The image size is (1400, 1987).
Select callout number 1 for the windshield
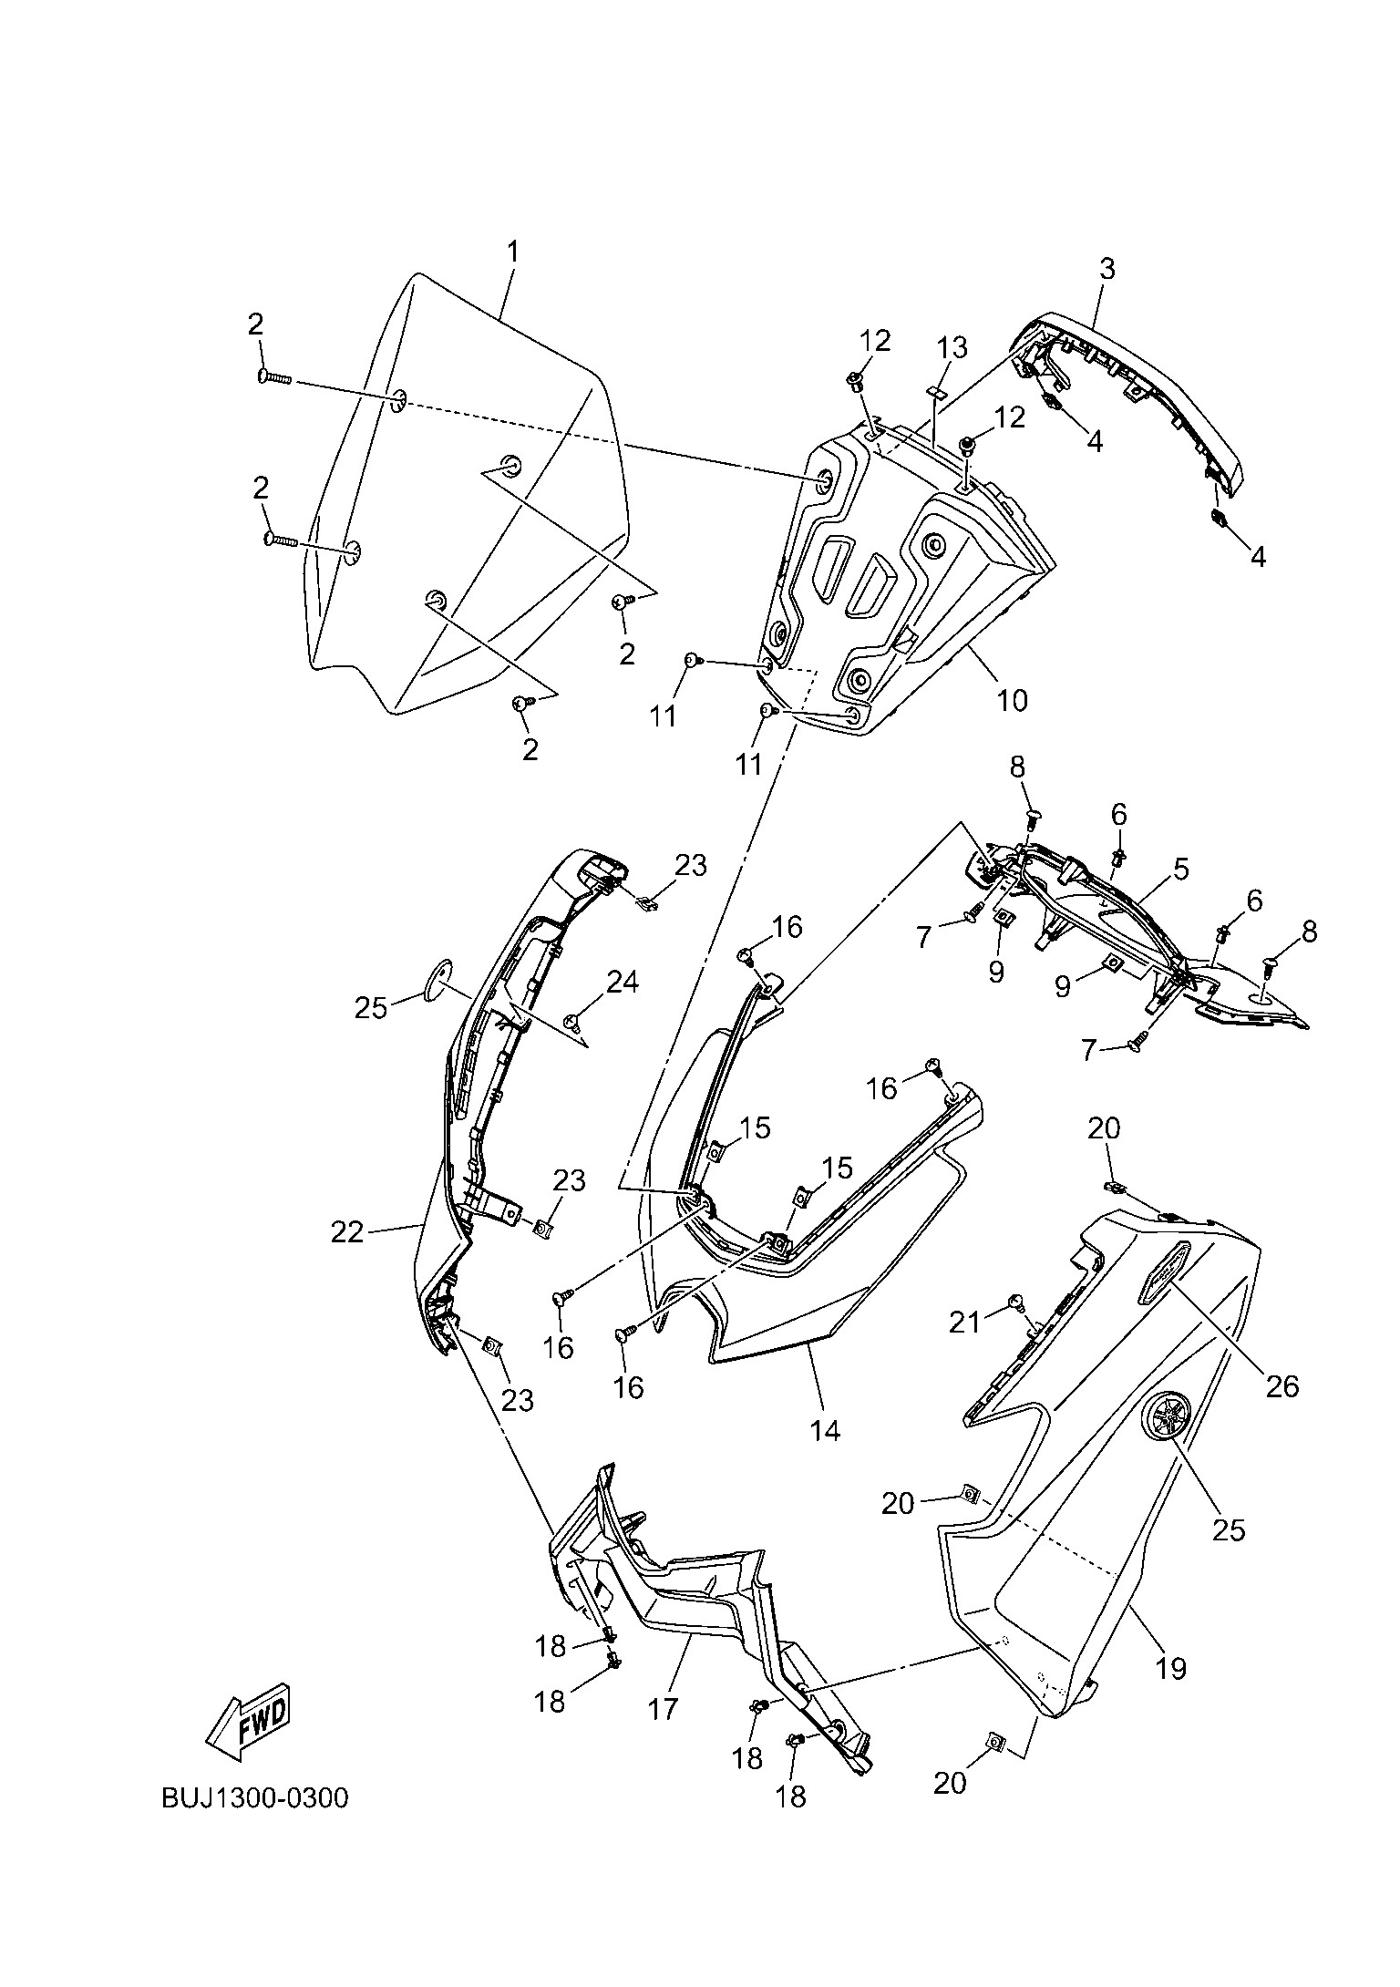(x=512, y=252)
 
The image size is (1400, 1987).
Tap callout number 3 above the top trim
(x=1107, y=269)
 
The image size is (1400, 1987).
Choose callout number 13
(x=952, y=348)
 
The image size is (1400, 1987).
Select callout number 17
(x=664, y=1708)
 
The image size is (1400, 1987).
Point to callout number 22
(x=347, y=1232)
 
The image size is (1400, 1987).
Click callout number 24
(x=623, y=982)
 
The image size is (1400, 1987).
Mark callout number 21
(x=965, y=1321)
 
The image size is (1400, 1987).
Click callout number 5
(x=1180, y=869)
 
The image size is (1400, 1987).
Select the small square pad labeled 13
(x=935, y=391)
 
